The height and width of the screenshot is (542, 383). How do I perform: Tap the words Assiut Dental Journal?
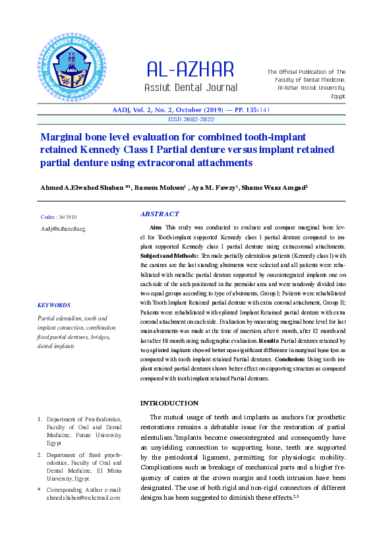point(191,88)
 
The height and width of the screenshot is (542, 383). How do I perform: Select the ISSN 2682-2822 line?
point(191,119)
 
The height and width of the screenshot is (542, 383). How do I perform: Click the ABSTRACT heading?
point(160,214)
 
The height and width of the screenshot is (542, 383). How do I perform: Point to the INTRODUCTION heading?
point(169,403)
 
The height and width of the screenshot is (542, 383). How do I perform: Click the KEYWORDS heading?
point(54,305)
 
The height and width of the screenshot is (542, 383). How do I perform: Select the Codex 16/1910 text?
point(59,216)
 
